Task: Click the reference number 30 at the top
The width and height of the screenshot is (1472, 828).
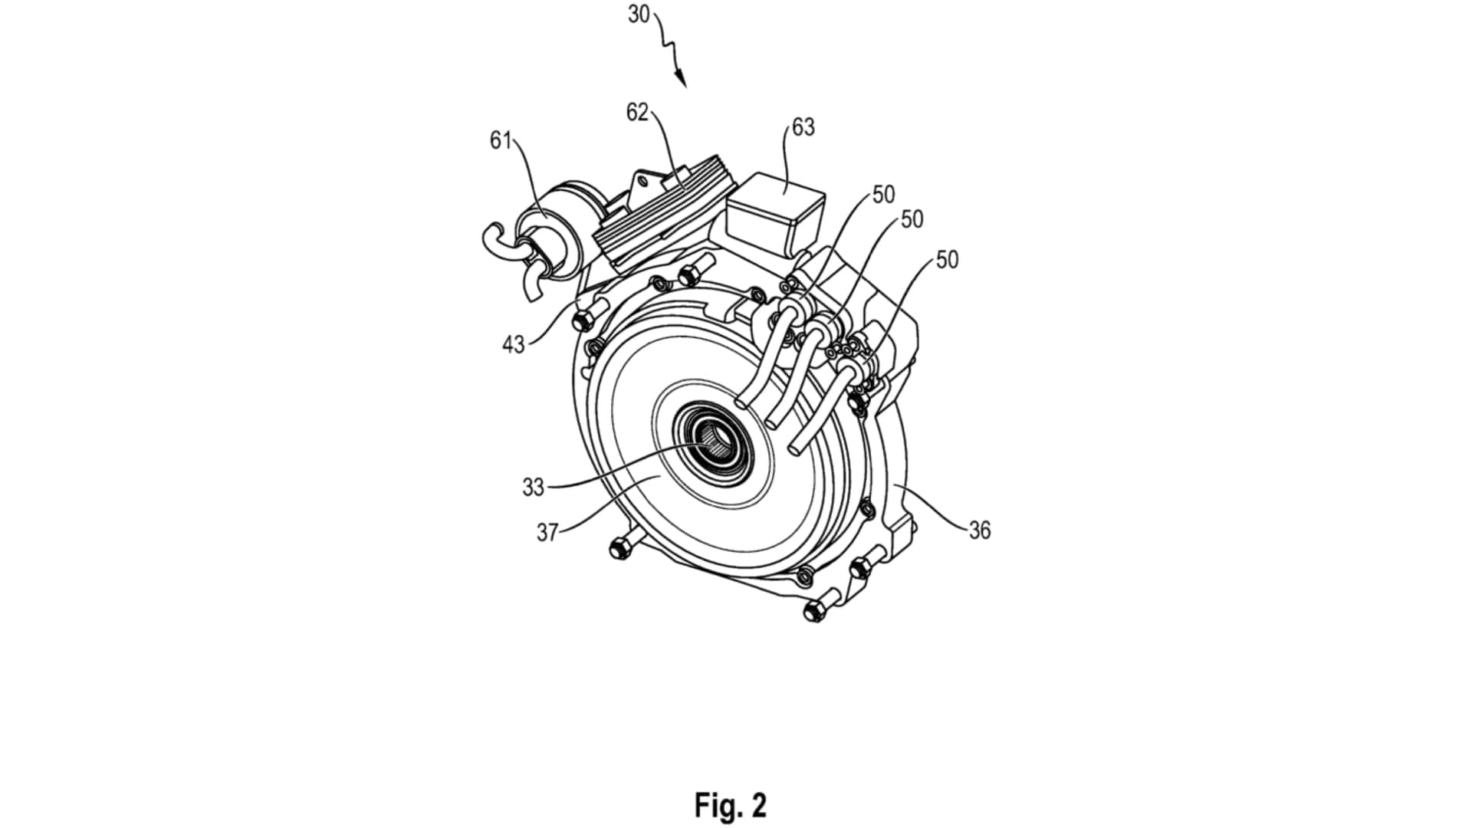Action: (x=639, y=15)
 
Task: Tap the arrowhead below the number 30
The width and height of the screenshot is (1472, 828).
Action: (x=681, y=79)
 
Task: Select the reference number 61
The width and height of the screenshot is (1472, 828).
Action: (x=501, y=141)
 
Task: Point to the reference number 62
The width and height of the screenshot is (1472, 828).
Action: (x=637, y=113)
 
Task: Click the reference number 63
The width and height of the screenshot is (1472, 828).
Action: (x=803, y=127)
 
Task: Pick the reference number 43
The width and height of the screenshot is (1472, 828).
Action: (x=513, y=345)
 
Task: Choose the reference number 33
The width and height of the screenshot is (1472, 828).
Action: (x=533, y=487)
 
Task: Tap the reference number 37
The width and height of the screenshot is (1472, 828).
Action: (x=547, y=532)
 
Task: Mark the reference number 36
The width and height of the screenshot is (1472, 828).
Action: (x=979, y=531)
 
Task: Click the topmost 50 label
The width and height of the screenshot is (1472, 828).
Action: (x=883, y=195)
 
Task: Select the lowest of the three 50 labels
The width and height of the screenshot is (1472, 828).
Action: (x=947, y=261)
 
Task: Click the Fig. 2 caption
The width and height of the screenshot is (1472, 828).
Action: (x=730, y=806)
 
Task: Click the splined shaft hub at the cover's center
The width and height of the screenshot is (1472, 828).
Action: (x=714, y=445)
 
